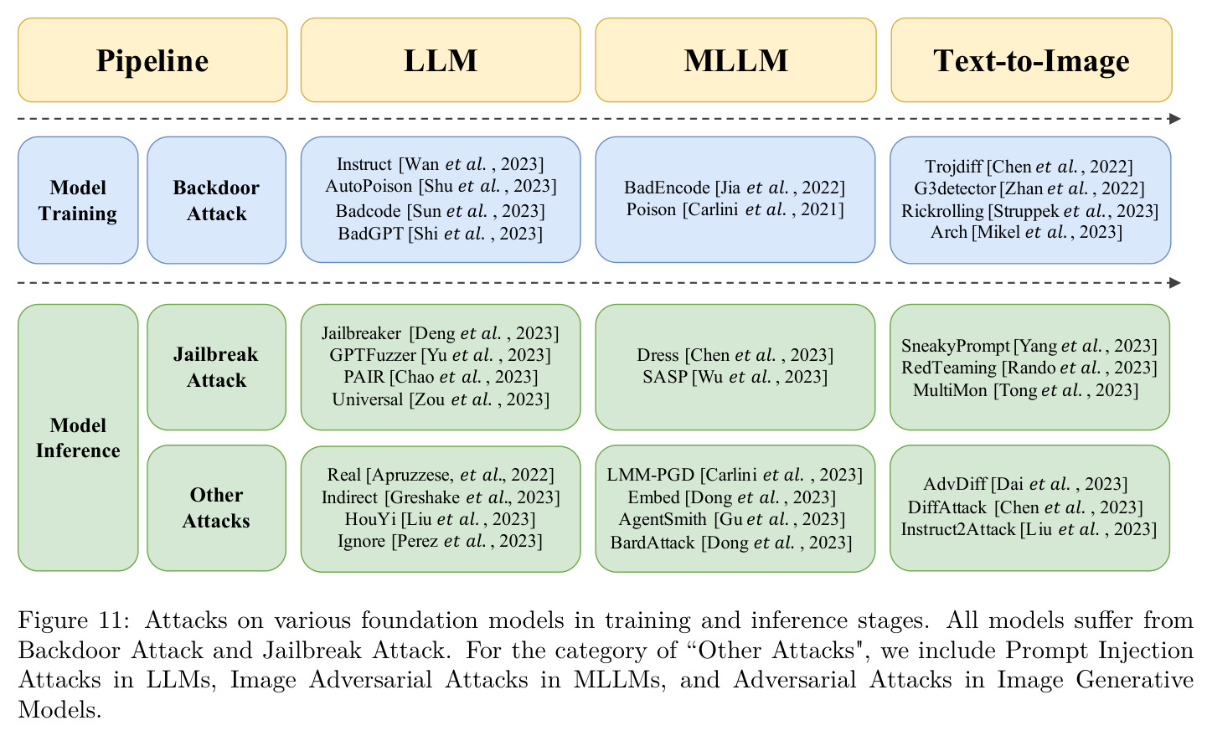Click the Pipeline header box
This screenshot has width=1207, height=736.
point(152,59)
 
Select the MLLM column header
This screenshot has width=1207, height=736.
point(735,59)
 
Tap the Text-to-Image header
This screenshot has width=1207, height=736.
point(1031,59)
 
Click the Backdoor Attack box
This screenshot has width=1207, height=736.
point(217,200)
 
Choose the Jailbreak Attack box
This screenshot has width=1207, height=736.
point(217,367)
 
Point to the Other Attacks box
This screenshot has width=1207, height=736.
point(217,507)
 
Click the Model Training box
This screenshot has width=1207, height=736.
point(78,200)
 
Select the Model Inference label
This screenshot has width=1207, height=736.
point(78,438)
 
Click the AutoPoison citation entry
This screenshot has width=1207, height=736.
point(441,187)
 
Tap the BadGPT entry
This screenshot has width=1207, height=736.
point(441,234)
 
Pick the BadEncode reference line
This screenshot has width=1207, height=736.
point(735,188)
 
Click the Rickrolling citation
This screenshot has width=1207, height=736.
point(1029,211)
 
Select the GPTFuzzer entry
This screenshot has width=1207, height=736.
point(441,355)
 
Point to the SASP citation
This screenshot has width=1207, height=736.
point(735,377)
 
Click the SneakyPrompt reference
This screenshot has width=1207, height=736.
point(1029,345)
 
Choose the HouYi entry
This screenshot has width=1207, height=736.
point(441,519)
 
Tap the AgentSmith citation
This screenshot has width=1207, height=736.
point(732,519)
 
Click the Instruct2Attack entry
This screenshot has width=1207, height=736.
point(1029,529)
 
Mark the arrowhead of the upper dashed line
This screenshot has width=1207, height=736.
point(1175,119)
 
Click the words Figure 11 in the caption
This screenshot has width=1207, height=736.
point(73,620)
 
